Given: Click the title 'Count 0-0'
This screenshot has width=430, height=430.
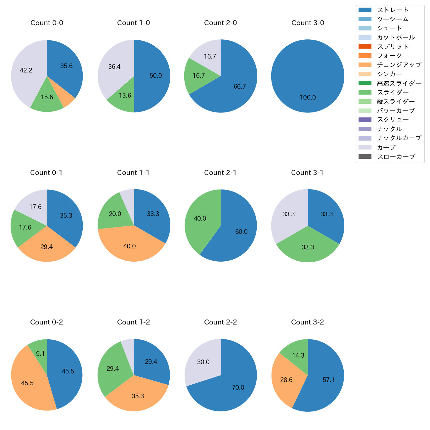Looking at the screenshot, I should [x=47, y=23].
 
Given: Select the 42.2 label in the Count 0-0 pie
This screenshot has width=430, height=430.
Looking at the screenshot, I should [x=26, y=70].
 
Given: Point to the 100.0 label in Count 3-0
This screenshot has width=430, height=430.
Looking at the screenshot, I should [x=308, y=98].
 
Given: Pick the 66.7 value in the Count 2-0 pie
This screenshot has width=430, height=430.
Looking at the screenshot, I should [x=240, y=87].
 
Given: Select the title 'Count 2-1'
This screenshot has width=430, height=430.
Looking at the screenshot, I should [x=220, y=173].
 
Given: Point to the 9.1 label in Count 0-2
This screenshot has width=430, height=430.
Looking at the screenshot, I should [x=40, y=354].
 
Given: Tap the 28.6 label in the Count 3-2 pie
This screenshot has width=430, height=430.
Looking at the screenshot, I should [x=286, y=380].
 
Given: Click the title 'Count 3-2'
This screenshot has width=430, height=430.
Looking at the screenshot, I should [x=308, y=322].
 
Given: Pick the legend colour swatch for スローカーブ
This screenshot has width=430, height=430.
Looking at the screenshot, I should [x=365, y=156].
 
